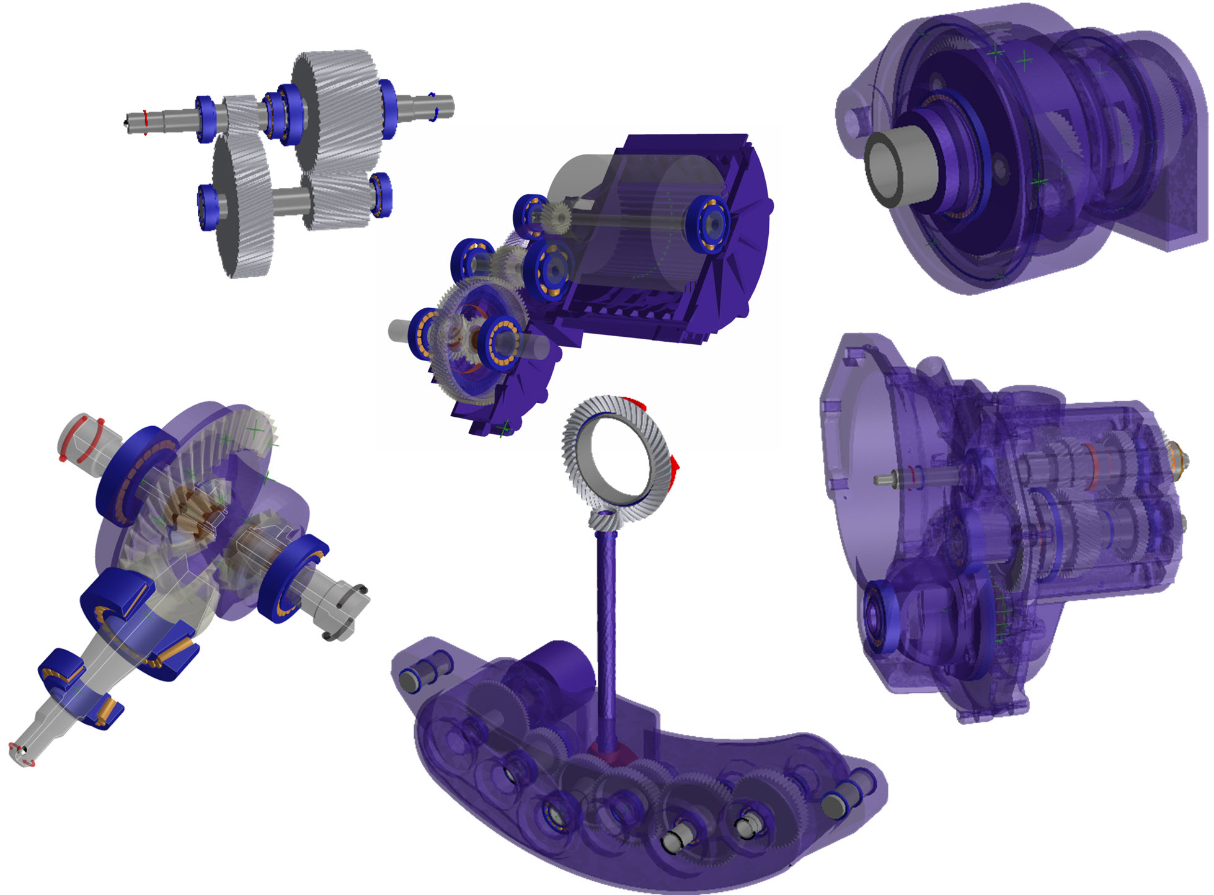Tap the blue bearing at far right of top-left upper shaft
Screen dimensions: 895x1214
(x=388, y=108)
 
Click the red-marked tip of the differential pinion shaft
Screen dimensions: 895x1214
(x=22, y=753)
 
